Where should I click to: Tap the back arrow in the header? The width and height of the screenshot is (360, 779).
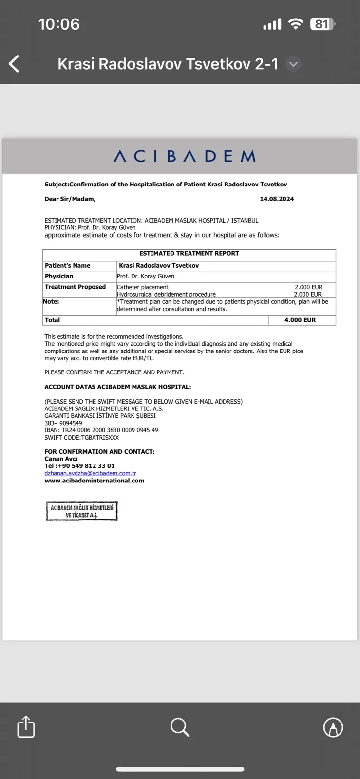(x=14, y=64)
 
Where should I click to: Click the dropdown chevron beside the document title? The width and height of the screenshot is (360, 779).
(x=293, y=64)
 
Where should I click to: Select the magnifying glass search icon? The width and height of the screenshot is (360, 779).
(x=180, y=727)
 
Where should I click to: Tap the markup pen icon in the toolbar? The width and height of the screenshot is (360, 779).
(x=333, y=727)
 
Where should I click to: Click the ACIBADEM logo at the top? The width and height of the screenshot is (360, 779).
(x=185, y=156)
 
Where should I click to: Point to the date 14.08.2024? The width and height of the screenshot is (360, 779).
(x=277, y=199)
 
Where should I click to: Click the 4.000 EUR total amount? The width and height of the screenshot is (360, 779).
(x=300, y=320)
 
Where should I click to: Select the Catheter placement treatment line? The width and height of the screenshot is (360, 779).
(x=143, y=287)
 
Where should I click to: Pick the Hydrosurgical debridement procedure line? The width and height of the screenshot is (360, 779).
(x=166, y=294)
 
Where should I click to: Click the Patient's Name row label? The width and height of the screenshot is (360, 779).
(x=68, y=266)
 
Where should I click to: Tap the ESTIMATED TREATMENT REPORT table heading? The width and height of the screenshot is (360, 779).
(x=189, y=254)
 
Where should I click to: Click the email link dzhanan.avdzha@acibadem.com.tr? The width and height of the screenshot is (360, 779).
(x=90, y=473)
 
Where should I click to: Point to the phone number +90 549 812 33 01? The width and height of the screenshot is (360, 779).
(x=86, y=466)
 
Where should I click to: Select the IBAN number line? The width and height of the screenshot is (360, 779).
(x=101, y=430)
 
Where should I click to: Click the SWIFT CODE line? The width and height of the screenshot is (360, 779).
(x=81, y=438)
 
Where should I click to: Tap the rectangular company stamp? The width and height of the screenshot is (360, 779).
(x=82, y=511)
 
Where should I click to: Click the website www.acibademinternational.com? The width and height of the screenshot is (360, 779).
(x=94, y=481)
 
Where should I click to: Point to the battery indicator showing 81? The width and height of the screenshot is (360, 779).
(x=322, y=24)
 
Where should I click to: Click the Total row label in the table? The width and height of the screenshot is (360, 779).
(x=52, y=320)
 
